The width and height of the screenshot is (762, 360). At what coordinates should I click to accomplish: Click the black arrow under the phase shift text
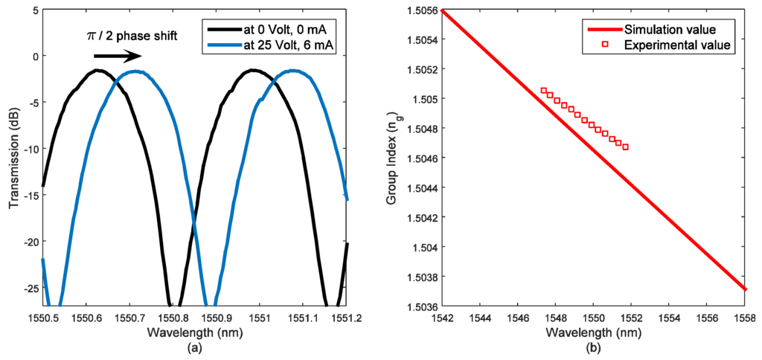point(117,57)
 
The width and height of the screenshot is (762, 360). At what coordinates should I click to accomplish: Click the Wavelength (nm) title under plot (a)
point(195,330)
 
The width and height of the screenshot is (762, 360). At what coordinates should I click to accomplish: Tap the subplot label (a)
point(195,347)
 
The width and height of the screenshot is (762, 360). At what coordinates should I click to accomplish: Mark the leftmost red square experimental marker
point(543,90)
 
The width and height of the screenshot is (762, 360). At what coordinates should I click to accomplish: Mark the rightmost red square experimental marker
point(625,147)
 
